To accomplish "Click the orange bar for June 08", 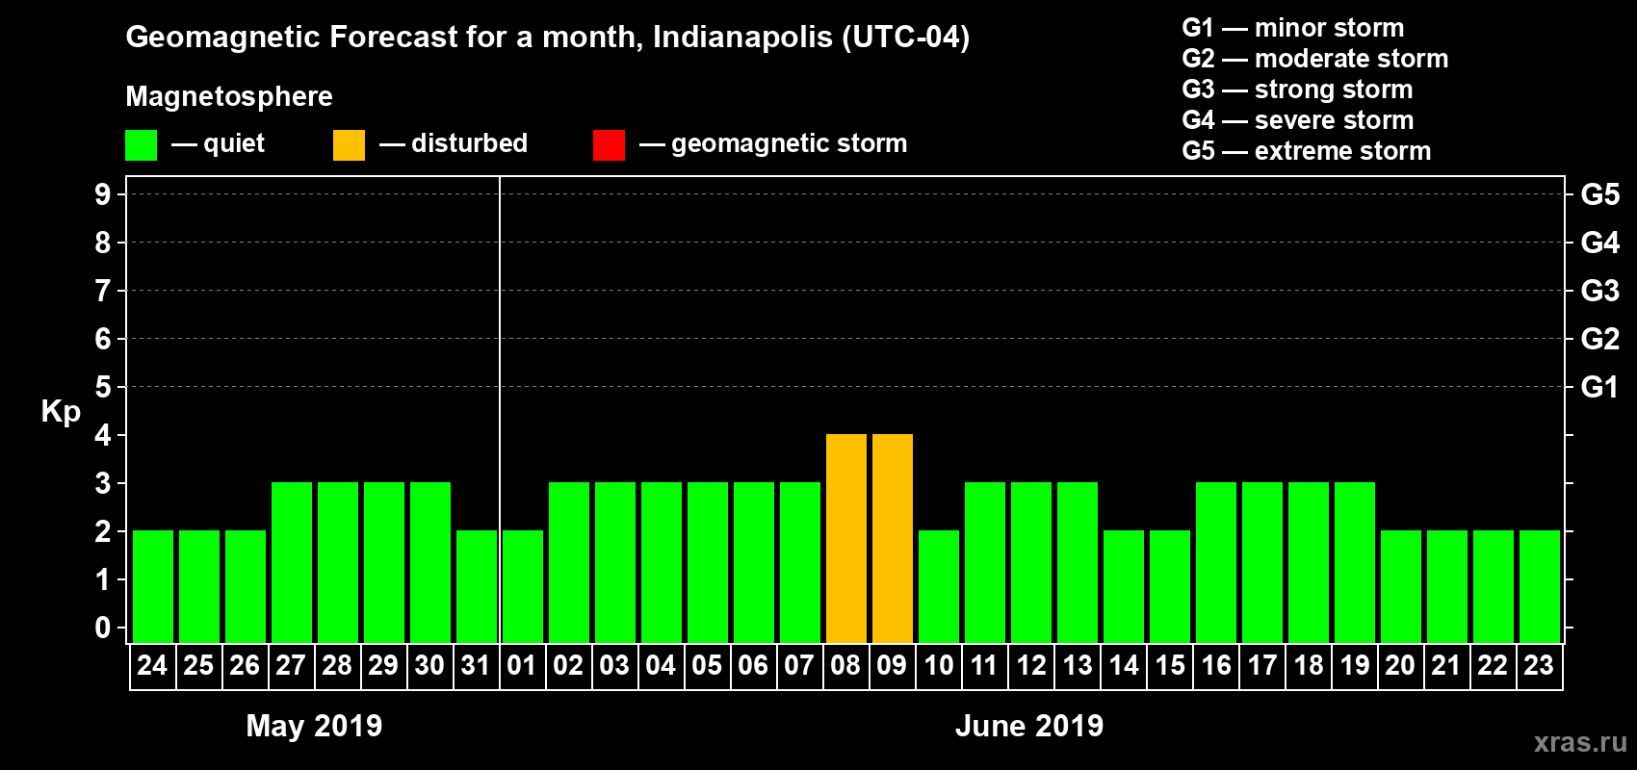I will coord(846,538).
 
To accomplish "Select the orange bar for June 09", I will coord(893,538).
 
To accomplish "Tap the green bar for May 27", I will coord(292,562).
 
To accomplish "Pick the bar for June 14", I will coord(1124,586).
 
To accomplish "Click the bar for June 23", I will coord(1540,586).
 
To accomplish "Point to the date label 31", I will coord(476,665).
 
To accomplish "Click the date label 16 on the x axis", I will coord(1216,665).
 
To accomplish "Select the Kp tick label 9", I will coord(103,194).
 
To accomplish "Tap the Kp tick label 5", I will coord(103,387).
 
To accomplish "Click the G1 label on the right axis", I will coord(1599,387).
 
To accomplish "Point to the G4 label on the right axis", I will coord(1599,243).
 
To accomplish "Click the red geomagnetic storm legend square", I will coord(609,145).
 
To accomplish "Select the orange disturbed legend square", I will coord(349,145).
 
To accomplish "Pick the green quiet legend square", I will coord(141,145).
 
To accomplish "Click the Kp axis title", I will coord(61,412).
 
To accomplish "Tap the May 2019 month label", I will coord(314,726).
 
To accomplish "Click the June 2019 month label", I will coord(1029,726).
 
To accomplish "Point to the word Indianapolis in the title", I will coord(742,38).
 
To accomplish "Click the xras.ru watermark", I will coord(1580,742).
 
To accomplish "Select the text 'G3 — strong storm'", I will coord(1297,90).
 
